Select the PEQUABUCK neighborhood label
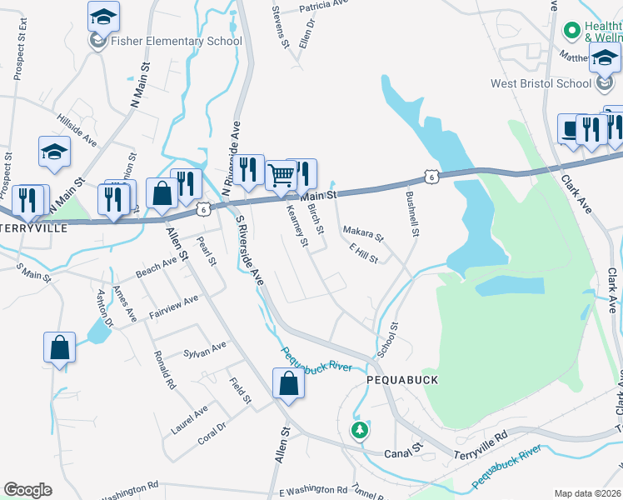(x=402, y=379)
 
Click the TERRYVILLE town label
(x=32, y=227)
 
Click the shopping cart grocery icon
(x=282, y=175)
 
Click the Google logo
(x=27, y=490)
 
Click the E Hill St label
(x=364, y=253)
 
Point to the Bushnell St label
(x=411, y=213)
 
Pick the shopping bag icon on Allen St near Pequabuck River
(x=288, y=384)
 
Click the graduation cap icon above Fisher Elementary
(x=103, y=15)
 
